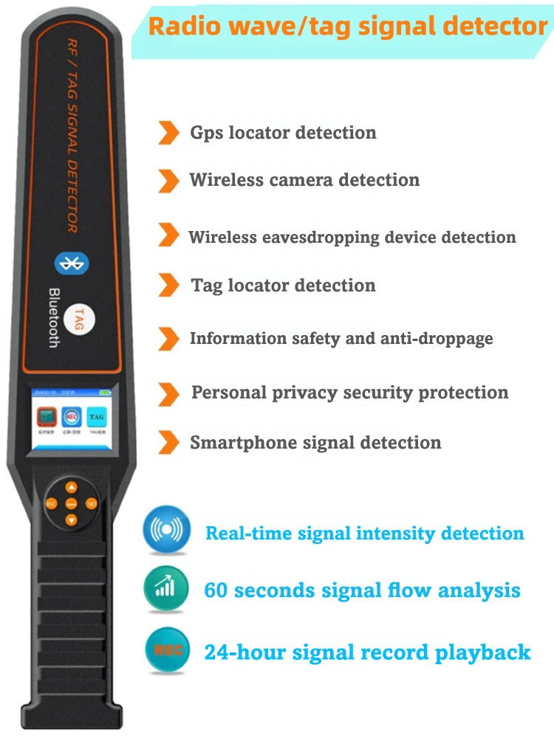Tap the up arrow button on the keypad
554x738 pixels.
(71, 487)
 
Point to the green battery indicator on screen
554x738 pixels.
(105, 392)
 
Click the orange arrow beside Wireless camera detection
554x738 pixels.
(169, 180)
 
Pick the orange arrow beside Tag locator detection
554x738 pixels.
(169, 286)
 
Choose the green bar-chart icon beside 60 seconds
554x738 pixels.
(165, 589)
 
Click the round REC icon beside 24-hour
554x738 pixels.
(167, 650)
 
